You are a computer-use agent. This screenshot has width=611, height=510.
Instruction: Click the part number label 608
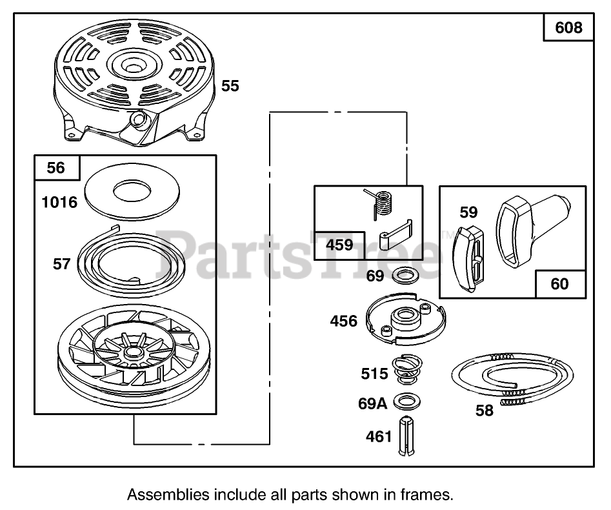point(568,28)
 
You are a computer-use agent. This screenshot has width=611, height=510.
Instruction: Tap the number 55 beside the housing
point(230,86)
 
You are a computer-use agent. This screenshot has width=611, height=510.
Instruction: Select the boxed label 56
point(56,168)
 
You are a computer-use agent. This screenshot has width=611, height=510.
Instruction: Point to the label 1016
point(59,203)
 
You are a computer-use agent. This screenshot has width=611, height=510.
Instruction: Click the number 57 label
point(62,264)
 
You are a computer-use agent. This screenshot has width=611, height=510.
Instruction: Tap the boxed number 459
point(339,245)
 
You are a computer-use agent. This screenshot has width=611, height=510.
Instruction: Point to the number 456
point(343,321)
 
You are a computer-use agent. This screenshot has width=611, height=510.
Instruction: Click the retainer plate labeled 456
point(405,317)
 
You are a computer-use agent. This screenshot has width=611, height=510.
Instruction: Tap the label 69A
point(372,404)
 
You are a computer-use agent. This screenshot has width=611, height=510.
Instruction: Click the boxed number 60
point(560,283)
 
